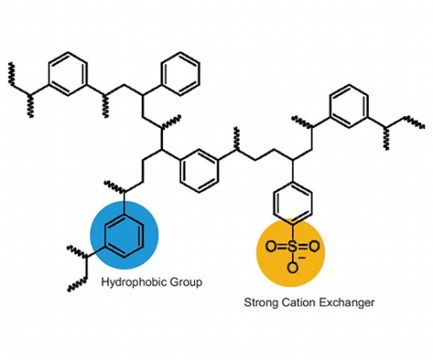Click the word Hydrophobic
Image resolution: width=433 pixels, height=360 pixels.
134,282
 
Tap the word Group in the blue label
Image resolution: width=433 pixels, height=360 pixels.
186,282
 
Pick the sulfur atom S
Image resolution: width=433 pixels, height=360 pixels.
292,247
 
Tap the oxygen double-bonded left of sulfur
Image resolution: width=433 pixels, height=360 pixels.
271,247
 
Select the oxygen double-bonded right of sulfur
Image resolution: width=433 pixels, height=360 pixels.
313,247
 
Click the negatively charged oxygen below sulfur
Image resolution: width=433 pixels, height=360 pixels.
293,267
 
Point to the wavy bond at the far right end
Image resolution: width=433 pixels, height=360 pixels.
414,121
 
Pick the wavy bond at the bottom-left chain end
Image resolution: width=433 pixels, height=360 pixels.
77,285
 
